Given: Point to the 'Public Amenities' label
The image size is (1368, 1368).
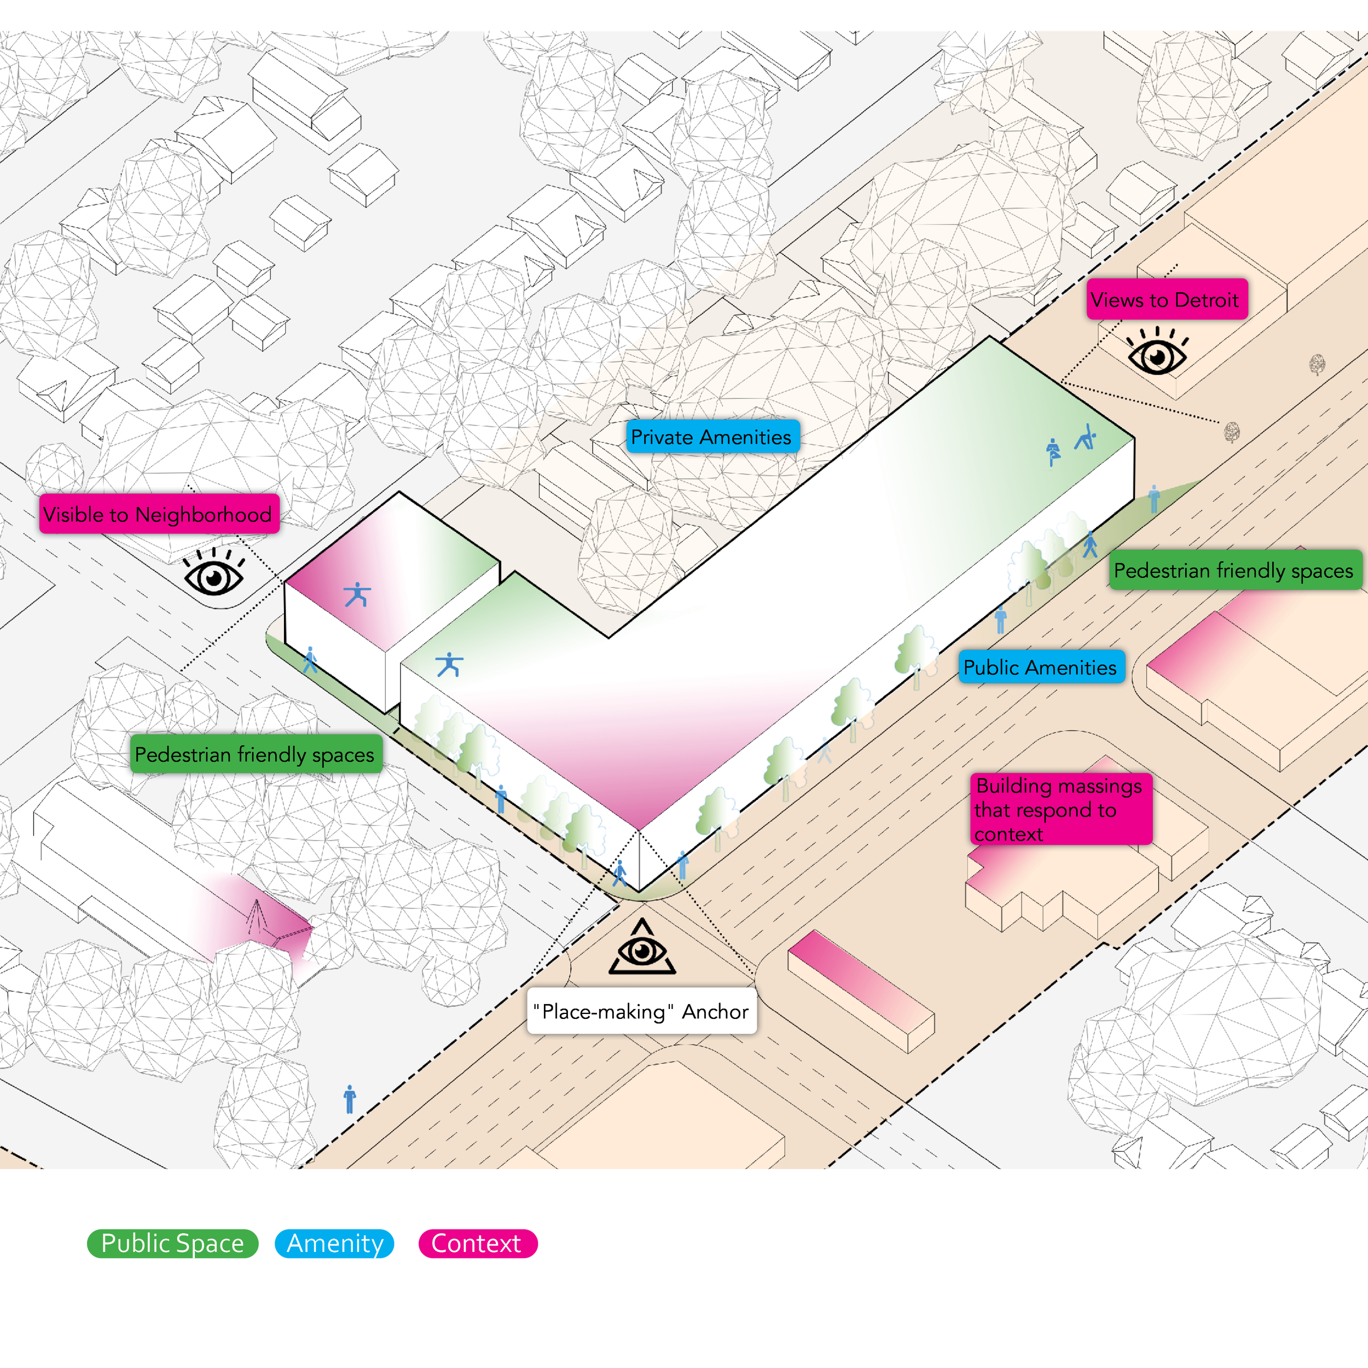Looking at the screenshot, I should coord(1041,667).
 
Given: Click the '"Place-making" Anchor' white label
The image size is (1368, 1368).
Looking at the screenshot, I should coord(641,1011).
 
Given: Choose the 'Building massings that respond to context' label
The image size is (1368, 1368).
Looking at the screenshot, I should coord(1060,809).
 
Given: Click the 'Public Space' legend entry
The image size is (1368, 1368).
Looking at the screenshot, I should coord(172,1243).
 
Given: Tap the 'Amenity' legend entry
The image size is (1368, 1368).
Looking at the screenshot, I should coord(334,1243).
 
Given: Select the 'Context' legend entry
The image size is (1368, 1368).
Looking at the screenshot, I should coord(477,1243).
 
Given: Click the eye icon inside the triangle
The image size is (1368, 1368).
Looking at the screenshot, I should coord(642,950).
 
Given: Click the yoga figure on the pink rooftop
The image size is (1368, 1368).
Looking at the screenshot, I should coord(357,595).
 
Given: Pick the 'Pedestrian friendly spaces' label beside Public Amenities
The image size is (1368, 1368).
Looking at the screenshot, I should coord(1234,571).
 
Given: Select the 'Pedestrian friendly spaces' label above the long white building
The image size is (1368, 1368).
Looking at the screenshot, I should coord(255,755).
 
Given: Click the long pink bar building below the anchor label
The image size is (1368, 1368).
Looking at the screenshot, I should coord(860,990).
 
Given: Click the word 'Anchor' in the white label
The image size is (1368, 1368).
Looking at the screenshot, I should coord(715,1011).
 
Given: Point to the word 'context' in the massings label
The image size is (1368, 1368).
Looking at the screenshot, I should coord(1008,834).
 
